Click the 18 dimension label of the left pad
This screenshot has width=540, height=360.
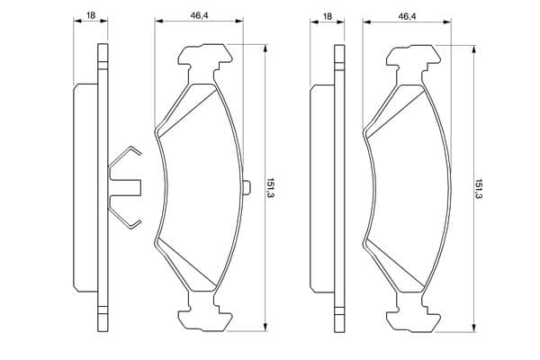(91, 15)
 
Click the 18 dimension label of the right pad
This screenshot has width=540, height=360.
(328, 16)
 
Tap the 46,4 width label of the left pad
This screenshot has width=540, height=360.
(200, 15)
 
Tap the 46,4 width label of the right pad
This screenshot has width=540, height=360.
(407, 16)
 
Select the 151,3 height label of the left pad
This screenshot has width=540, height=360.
(270, 188)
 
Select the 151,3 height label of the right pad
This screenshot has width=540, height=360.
(478, 189)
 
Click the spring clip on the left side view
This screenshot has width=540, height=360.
(125, 188)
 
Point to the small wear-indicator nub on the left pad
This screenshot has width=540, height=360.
(247, 188)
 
